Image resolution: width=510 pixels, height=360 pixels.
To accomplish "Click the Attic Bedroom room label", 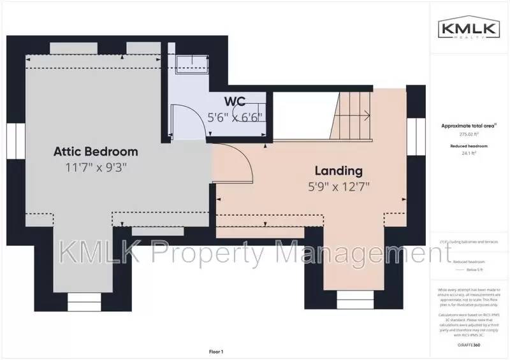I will pyautogui.click(x=96, y=152).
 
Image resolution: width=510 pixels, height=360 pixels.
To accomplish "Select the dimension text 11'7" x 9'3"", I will pyautogui.click(x=96, y=168).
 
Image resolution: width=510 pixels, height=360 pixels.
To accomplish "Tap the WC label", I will pyautogui.click(x=235, y=101).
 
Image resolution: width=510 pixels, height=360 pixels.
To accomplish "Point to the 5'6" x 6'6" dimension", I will pyautogui.click(x=235, y=117).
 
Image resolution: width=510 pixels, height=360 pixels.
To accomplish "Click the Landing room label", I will pyautogui.click(x=339, y=171).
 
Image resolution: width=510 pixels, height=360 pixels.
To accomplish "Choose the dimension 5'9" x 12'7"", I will pyautogui.click(x=339, y=187).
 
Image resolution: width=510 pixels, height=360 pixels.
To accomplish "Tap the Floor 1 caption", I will pyautogui.click(x=216, y=351).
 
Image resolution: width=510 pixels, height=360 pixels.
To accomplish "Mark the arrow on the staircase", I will pyautogui.click(x=366, y=115).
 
